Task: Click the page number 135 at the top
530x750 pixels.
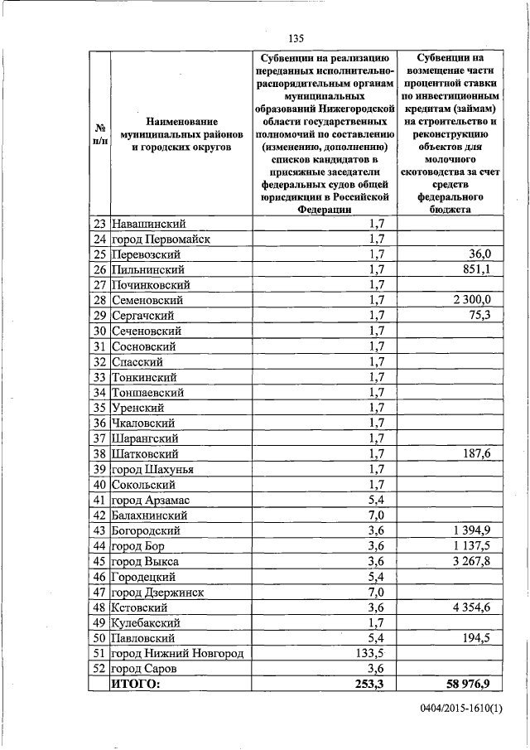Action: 296,38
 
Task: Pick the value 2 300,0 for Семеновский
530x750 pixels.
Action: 468,300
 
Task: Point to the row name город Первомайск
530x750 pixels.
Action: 161,239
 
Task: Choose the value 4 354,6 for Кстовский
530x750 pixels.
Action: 468,607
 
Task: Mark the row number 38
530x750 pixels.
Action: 100,454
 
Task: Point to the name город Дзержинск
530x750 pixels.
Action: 158,592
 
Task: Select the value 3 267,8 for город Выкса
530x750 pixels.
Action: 468,561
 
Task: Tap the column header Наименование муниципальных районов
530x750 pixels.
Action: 180,133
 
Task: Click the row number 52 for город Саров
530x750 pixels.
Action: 100,669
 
